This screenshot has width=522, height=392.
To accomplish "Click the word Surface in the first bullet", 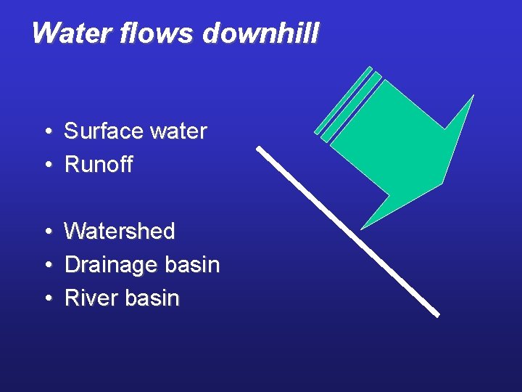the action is coord(104,131).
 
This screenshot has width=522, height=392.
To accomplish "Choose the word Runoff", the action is coord(99,165).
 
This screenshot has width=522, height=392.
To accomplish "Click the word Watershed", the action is coord(120,232).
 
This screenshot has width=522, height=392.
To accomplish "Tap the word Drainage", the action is coord(110,265).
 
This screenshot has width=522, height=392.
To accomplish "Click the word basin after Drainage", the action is coord(191,265).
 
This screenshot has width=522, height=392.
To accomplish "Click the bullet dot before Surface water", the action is coord(46,132).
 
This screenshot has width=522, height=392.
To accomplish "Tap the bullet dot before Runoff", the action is coord(46,166).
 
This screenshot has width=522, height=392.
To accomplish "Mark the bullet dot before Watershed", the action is coord(46,232).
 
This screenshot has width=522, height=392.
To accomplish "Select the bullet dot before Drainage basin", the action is coord(46,266).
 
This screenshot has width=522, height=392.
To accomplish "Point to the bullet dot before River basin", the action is coord(46,299).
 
